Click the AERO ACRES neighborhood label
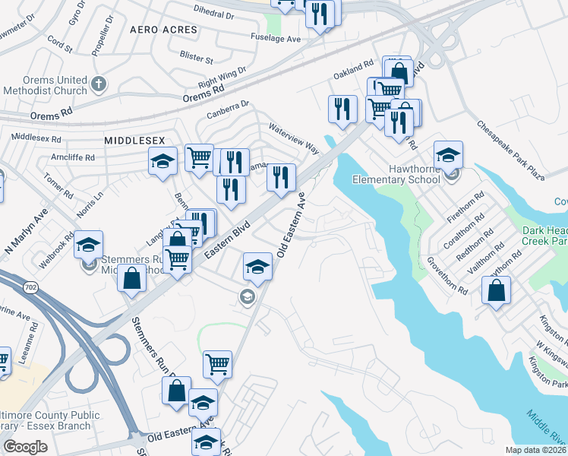tap(163, 30)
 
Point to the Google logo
tap(25, 446)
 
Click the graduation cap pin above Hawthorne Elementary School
tap(448, 155)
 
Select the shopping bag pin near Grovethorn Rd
tap(496, 290)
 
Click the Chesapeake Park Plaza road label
tap(510, 150)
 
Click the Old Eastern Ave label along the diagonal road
tap(292, 228)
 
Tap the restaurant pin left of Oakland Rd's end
tap(342, 108)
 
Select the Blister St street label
tap(195, 55)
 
